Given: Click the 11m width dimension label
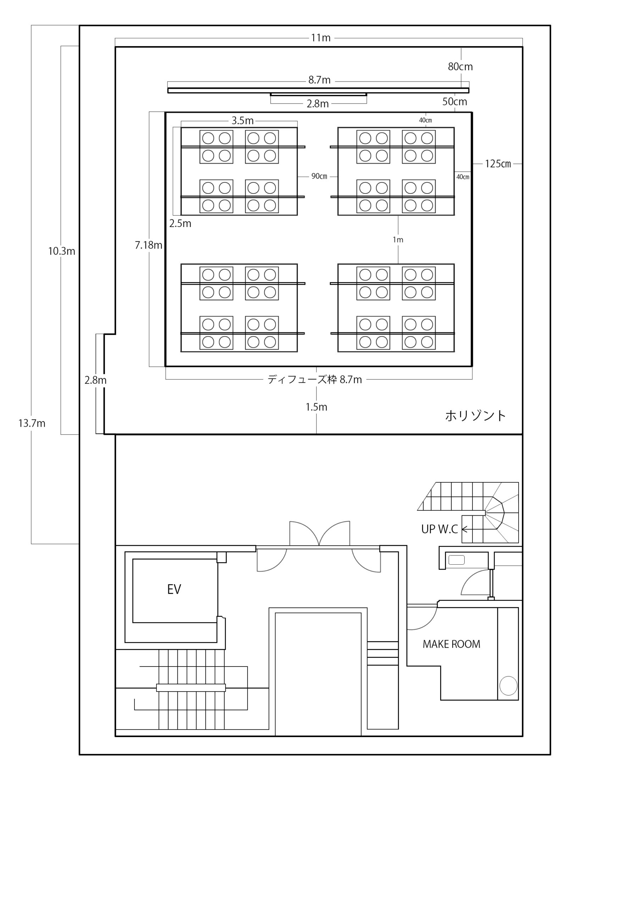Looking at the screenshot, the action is tap(320, 38).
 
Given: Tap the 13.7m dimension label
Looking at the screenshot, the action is tap(32, 423).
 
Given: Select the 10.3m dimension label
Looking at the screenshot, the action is tap(62, 251).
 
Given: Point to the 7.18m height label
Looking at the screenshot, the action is tap(149, 245).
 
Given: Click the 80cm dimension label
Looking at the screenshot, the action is tap(460, 66).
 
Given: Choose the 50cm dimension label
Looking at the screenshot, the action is tap(455, 102).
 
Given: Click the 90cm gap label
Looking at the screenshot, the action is tap(319, 176).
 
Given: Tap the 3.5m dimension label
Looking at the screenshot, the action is tap(243, 121).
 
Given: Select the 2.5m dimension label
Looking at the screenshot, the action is tap(180, 224).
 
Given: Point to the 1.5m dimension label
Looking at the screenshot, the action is tap(316, 407).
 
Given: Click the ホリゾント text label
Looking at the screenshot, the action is tap(476, 416).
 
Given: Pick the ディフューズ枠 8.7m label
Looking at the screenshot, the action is tap(315, 380).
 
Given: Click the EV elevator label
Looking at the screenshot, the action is tap(174, 589).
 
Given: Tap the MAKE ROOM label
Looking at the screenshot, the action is tap(452, 644).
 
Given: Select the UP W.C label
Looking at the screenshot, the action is tap(439, 529).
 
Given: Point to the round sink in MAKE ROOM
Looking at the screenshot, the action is tap(508, 686).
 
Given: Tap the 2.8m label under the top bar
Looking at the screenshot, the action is tap(318, 104).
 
